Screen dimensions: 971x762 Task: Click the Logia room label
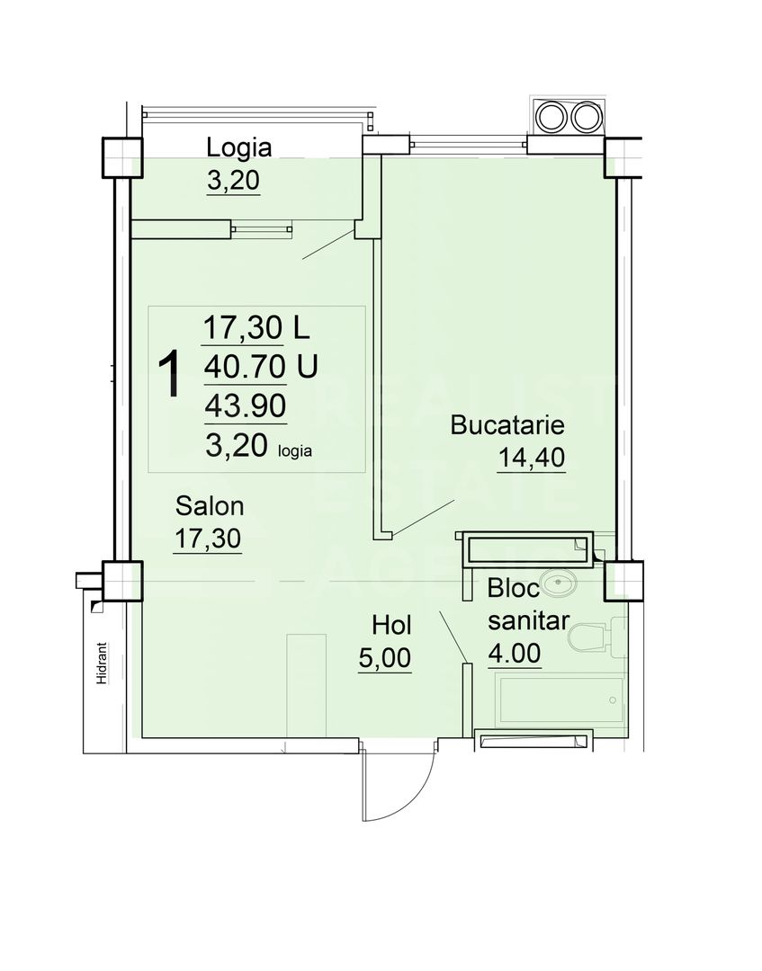(238, 147)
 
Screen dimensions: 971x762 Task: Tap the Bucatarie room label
(507, 424)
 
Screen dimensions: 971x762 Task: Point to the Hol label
(391, 624)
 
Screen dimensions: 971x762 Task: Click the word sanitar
(527, 619)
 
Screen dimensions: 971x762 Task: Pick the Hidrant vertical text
(103, 664)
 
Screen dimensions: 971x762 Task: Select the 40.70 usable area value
(244, 367)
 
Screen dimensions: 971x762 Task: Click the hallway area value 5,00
(385, 657)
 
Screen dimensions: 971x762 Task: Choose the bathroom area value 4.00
(515, 653)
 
